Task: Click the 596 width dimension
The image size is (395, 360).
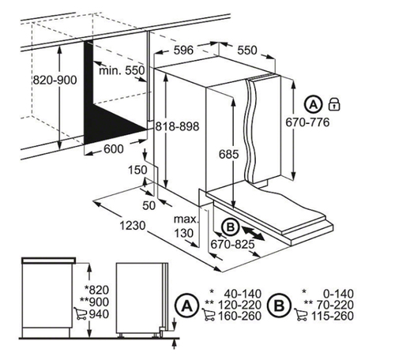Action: [x=183, y=50]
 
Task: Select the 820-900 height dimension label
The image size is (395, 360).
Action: [x=55, y=80]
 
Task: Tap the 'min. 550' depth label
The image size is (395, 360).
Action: [x=122, y=70]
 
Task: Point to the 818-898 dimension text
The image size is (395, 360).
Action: [x=177, y=126]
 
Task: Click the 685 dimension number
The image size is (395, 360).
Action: [x=229, y=154]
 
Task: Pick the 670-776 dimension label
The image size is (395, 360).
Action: [x=307, y=122]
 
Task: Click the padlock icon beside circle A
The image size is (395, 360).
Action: [x=334, y=104]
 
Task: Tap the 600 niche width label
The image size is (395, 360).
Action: [x=114, y=149]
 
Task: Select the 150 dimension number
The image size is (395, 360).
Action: [x=137, y=170]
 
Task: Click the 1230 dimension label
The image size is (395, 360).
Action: [x=133, y=226]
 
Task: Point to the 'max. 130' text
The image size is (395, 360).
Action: [x=186, y=226]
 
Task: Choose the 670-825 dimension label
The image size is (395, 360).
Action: [x=232, y=245]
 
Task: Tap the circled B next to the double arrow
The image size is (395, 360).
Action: [x=231, y=227]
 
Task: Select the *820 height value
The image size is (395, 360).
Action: [x=96, y=290]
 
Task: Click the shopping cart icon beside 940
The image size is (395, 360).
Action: [x=81, y=313]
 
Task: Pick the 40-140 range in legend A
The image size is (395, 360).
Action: [x=243, y=294]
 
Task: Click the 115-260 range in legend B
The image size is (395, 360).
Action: [x=333, y=316]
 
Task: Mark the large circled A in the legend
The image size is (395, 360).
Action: [x=187, y=306]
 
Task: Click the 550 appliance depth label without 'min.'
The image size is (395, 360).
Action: [x=247, y=50]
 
